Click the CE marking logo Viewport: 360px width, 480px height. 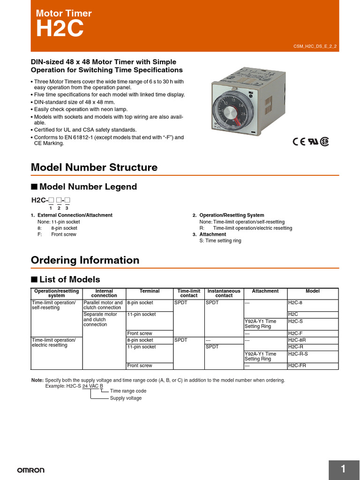click(x=299, y=142)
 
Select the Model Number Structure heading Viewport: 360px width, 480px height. click(x=94, y=167)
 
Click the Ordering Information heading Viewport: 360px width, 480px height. click(x=85, y=260)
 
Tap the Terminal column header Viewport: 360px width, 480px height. click(x=150, y=291)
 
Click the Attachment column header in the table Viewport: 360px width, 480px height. click(x=265, y=291)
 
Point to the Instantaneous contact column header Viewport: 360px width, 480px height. click(x=224, y=293)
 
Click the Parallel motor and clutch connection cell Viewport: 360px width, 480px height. click(x=103, y=305)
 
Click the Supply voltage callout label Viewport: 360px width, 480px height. click(x=126, y=398)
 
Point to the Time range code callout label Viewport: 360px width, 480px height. click(x=128, y=391)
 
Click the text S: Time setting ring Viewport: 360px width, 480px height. click(x=220, y=240)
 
